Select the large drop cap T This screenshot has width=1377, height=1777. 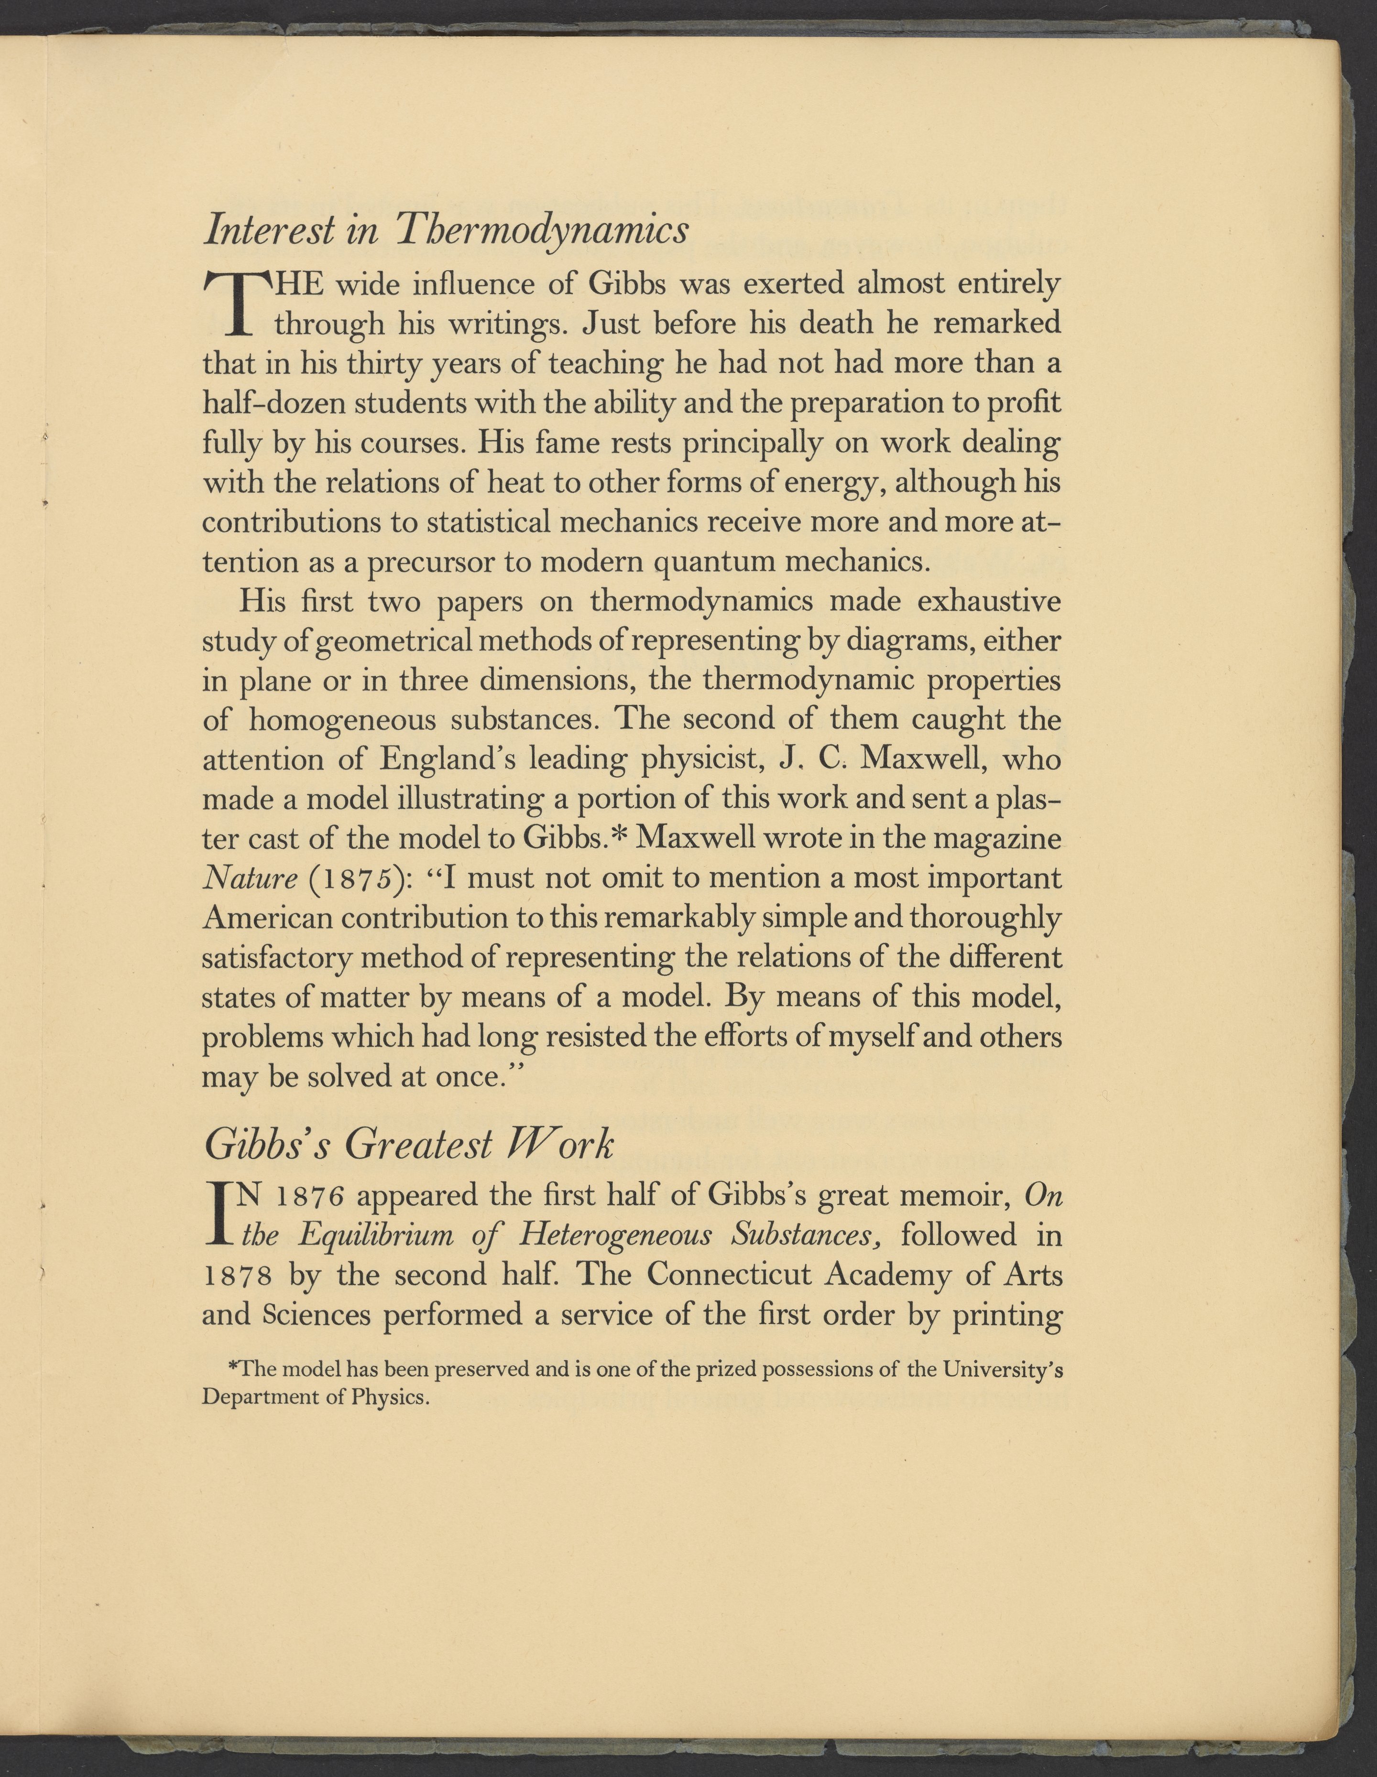236,304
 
